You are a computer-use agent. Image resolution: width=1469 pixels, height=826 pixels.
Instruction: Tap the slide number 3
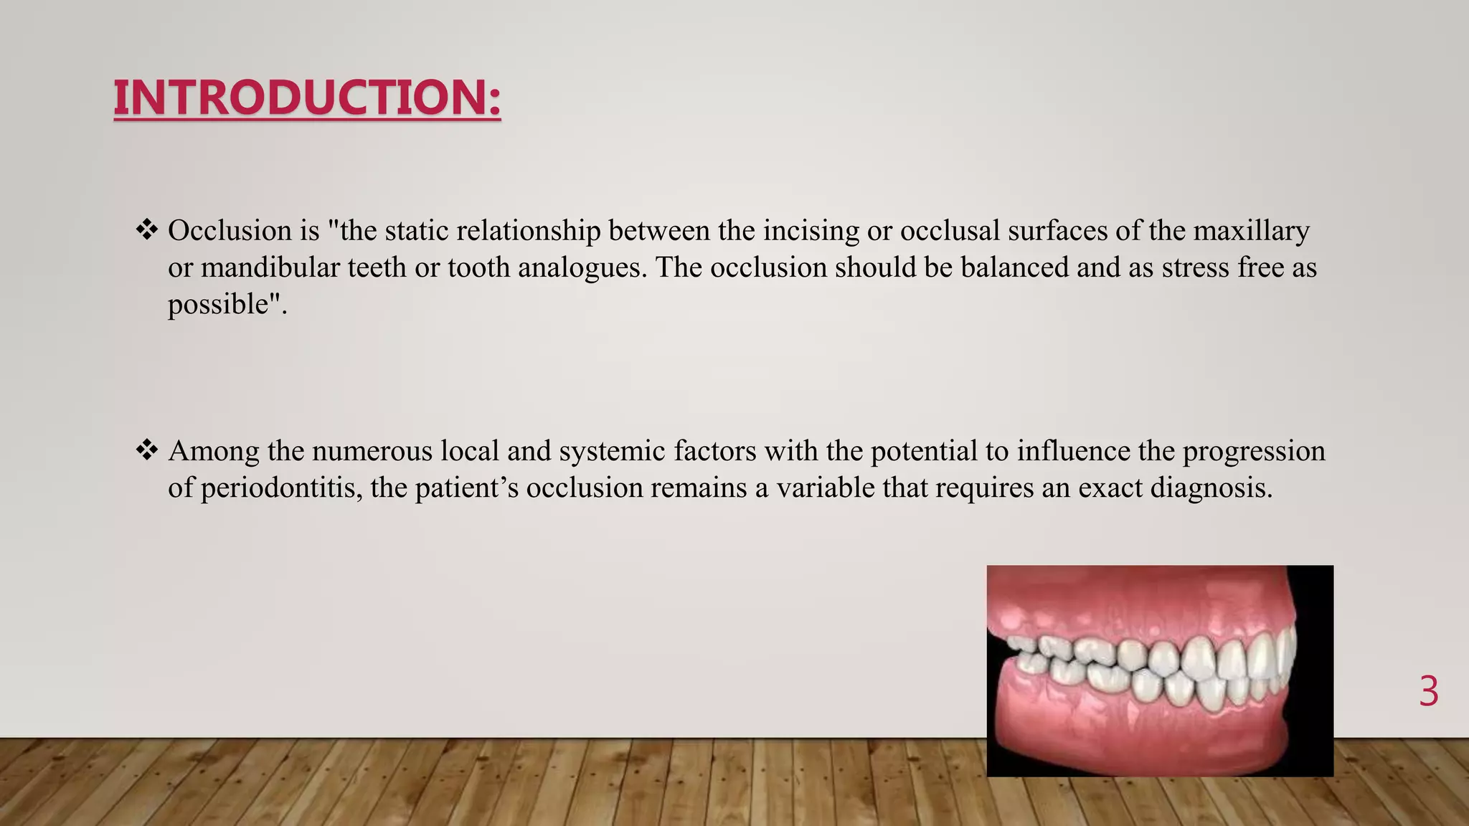[x=1428, y=692]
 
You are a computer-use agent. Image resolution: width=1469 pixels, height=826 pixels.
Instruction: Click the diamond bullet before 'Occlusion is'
[x=147, y=230]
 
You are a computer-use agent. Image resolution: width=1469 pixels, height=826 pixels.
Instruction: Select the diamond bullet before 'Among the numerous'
[x=147, y=450]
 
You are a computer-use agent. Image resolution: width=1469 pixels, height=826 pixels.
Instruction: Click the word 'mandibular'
[x=270, y=267]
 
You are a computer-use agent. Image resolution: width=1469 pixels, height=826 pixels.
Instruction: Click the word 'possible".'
[x=227, y=304]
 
